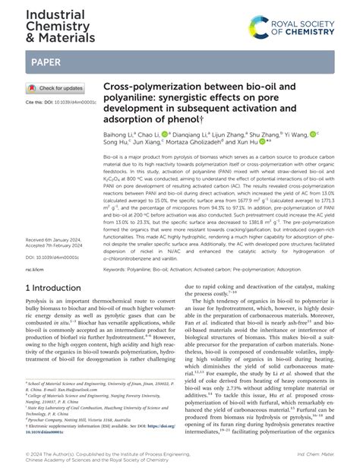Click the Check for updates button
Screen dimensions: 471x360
tap(55, 88)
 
